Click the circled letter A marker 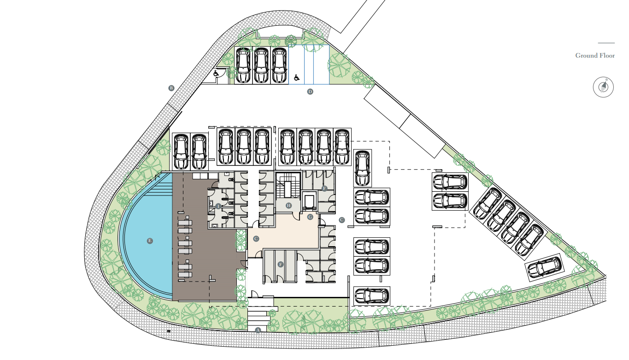pyautogui.click(x=258, y=330)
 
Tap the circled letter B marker pyautogui.click(x=171, y=88)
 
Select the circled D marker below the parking pyautogui.click(x=310, y=92)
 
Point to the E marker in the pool pyautogui.click(x=150, y=241)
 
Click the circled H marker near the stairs pyautogui.click(x=288, y=206)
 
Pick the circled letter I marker pyautogui.click(x=218, y=207)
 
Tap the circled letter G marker pyautogui.click(x=310, y=217)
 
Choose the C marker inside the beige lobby pyautogui.click(x=256, y=239)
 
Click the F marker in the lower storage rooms pyautogui.click(x=280, y=264)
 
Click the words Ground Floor pyautogui.click(x=595, y=56)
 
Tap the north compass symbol pyautogui.click(x=603, y=87)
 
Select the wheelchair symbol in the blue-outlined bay pyautogui.click(x=297, y=77)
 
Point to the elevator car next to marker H pyautogui.click(x=309, y=201)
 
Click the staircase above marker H pyautogui.click(x=288, y=186)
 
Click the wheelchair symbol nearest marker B pyautogui.click(x=216, y=73)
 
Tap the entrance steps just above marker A pyautogui.click(x=258, y=316)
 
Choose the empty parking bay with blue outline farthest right pyautogui.click(x=322, y=65)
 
